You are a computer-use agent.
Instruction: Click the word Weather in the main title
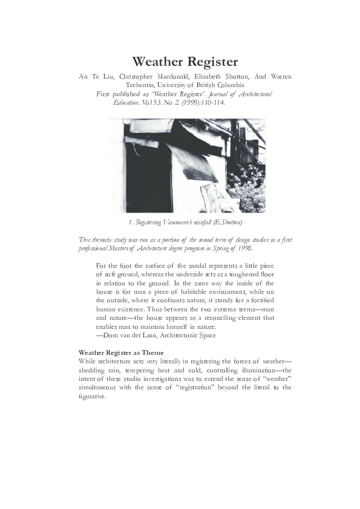tap(158, 62)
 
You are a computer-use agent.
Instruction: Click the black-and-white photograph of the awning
tap(186, 166)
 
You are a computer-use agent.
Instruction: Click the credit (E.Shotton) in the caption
tap(223, 224)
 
